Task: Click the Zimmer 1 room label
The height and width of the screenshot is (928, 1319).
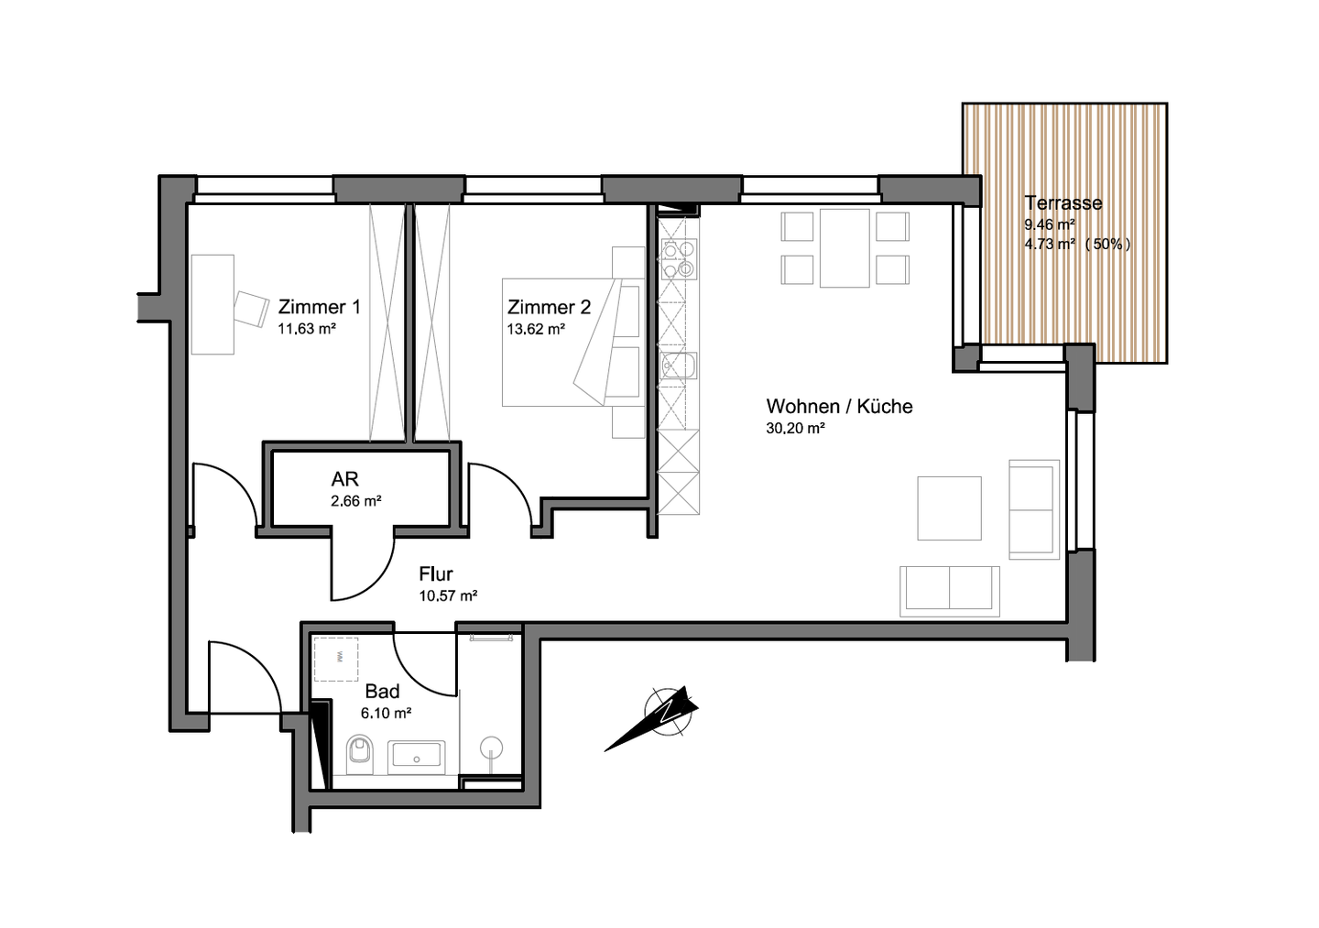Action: (x=319, y=307)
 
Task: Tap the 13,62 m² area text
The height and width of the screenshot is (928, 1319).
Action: (x=536, y=329)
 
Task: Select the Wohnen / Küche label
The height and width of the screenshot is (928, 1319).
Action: (x=839, y=407)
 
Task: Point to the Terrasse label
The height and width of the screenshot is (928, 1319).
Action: (x=1063, y=202)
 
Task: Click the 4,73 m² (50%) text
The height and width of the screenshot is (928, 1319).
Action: (x=1077, y=244)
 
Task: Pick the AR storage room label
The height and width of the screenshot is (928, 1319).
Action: (x=344, y=479)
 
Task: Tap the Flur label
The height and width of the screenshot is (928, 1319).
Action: (x=436, y=573)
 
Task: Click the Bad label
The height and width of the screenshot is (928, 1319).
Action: (x=382, y=692)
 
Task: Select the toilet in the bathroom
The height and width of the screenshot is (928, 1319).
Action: (x=360, y=754)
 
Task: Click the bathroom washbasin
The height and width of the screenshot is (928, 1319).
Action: (x=416, y=758)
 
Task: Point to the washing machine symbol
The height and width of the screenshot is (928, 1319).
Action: (x=335, y=659)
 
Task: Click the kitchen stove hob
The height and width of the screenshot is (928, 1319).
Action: (x=679, y=259)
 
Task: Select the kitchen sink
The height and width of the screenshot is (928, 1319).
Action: (x=679, y=366)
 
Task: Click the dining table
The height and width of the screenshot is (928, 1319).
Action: (x=845, y=248)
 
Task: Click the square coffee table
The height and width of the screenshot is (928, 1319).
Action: (x=949, y=508)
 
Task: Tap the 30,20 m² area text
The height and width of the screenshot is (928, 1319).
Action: (x=795, y=428)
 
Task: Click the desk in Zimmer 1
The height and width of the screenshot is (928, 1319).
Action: (x=213, y=304)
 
